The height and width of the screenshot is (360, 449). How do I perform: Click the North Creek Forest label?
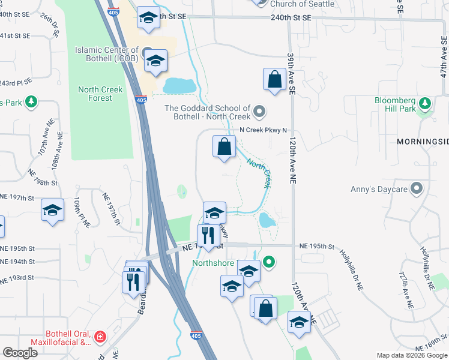tap(100, 94)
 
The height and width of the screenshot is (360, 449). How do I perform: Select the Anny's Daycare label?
tap(379, 190)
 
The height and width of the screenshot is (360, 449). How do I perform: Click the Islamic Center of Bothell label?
tap(107, 55)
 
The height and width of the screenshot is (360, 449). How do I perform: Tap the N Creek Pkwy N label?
tap(264, 130)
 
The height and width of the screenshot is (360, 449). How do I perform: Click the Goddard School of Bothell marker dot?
tap(259, 111)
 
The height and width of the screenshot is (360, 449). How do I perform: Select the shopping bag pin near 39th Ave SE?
tap(274, 79)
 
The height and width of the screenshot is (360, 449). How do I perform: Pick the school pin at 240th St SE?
tap(148, 17)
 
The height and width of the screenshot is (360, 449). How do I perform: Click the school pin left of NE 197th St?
tap(52, 210)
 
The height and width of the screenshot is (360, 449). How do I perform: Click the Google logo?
tap(20, 353)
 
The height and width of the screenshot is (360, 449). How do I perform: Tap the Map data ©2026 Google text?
tap(411, 355)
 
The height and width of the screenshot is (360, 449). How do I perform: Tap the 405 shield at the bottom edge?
tap(196, 337)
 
